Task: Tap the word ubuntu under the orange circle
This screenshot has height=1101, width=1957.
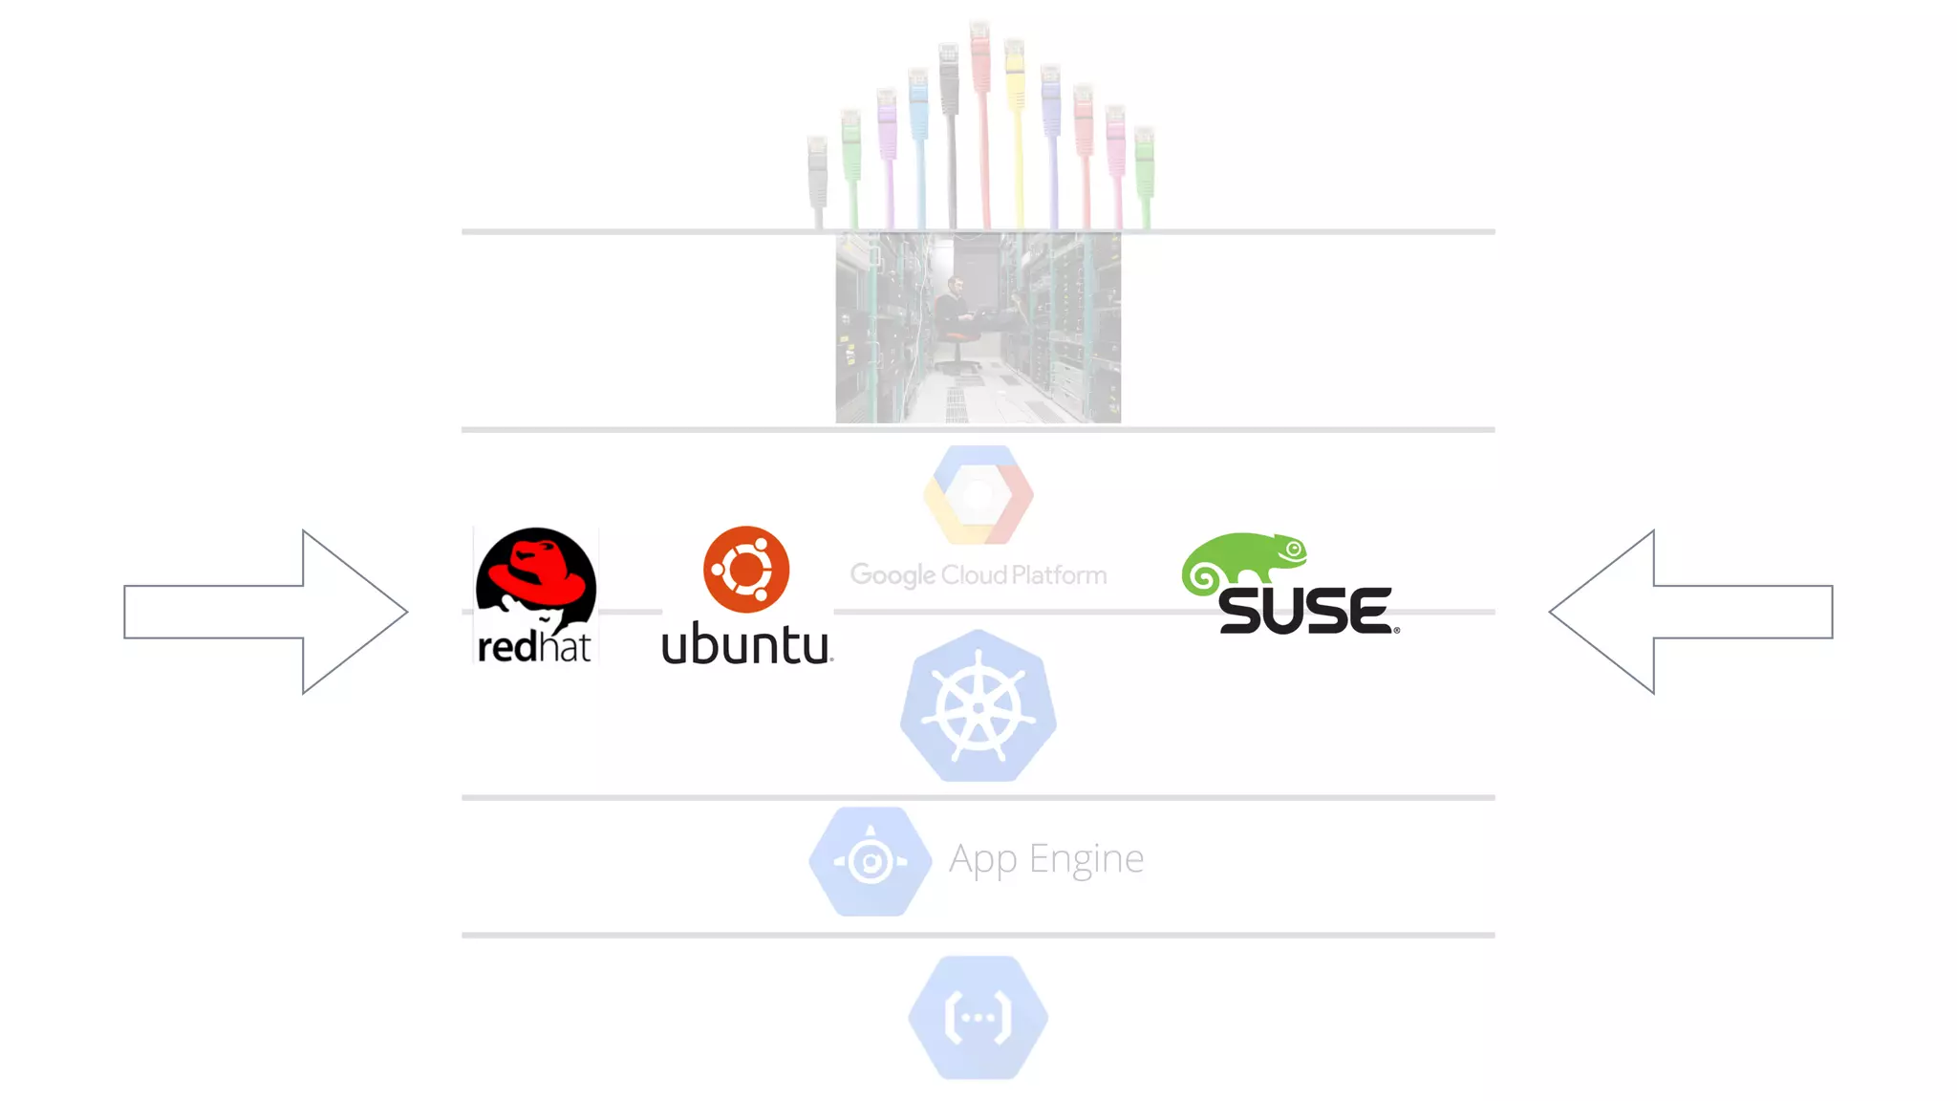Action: [746, 644]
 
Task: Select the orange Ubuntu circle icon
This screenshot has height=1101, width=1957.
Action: [746, 570]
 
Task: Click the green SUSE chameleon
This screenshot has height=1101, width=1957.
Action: [1242, 560]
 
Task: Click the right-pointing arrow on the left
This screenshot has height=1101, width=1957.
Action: [266, 612]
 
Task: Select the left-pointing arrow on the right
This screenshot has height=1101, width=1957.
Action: [1691, 612]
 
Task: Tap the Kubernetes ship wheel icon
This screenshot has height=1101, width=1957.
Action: [978, 707]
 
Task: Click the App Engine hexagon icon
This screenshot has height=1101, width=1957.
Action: [870, 861]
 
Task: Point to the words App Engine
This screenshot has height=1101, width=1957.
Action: [1046, 859]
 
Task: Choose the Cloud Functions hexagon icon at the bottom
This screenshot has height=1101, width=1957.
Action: [978, 1017]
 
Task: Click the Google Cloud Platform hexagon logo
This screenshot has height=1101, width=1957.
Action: [978, 495]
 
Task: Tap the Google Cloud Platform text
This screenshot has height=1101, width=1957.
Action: [978, 575]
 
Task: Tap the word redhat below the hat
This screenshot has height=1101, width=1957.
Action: [534, 647]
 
